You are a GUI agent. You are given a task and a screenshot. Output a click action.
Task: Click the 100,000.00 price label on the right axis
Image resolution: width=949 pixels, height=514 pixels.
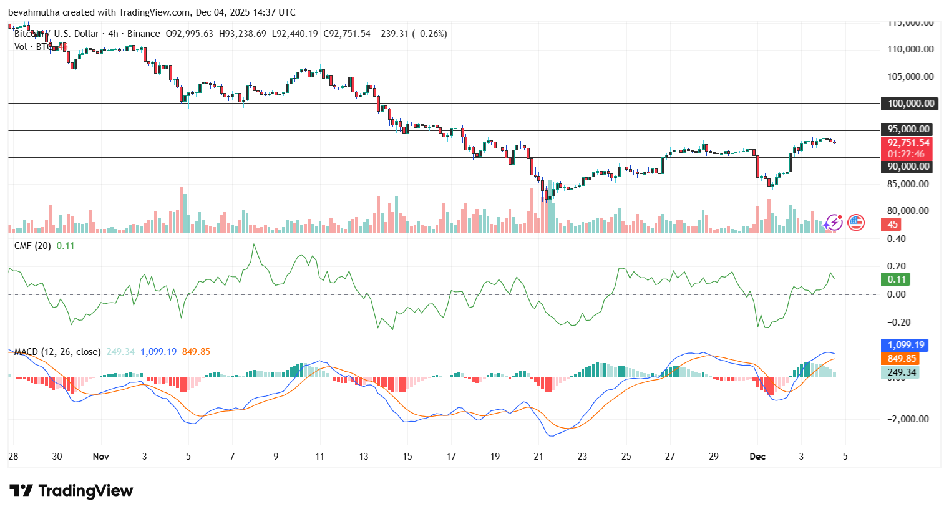pyautogui.click(x=910, y=104)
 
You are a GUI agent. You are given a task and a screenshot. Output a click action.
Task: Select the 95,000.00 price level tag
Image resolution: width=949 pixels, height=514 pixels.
pyautogui.click(x=908, y=129)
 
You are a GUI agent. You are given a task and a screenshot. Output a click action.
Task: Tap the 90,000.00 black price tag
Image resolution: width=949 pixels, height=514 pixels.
pyautogui.click(x=908, y=167)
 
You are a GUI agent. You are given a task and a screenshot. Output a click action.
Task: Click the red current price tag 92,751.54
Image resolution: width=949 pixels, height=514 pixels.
pyautogui.click(x=908, y=143)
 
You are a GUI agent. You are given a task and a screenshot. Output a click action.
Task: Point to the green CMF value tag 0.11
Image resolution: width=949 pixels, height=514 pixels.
pyautogui.click(x=897, y=279)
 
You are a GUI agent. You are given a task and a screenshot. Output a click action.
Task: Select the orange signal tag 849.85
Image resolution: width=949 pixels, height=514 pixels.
pyautogui.click(x=902, y=359)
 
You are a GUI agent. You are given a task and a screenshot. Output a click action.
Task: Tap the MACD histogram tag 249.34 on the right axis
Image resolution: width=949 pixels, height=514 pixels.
pyautogui.click(x=902, y=372)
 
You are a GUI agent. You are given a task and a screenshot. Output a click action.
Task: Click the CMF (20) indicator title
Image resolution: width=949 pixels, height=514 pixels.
pyautogui.click(x=32, y=246)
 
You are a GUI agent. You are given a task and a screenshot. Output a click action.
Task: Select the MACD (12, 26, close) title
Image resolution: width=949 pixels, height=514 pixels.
pyautogui.click(x=57, y=352)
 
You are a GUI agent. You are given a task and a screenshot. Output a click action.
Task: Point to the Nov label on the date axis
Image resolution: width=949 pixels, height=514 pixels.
pyautogui.click(x=100, y=457)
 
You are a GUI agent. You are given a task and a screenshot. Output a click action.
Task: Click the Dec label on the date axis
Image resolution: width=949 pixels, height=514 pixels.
pyautogui.click(x=757, y=457)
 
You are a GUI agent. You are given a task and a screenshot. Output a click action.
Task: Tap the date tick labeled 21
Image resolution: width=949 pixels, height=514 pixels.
pyautogui.click(x=538, y=457)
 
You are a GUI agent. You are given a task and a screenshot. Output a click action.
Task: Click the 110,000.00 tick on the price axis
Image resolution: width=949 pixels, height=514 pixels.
pyautogui.click(x=910, y=49)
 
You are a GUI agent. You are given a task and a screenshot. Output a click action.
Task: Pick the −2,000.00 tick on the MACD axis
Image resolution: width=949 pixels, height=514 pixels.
pyautogui.click(x=908, y=419)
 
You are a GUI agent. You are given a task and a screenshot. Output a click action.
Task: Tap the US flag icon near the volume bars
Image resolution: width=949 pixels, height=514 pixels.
pyautogui.click(x=856, y=222)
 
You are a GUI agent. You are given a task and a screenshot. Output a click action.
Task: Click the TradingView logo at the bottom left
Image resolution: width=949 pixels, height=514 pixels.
pyautogui.click(x=71, y=491)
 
